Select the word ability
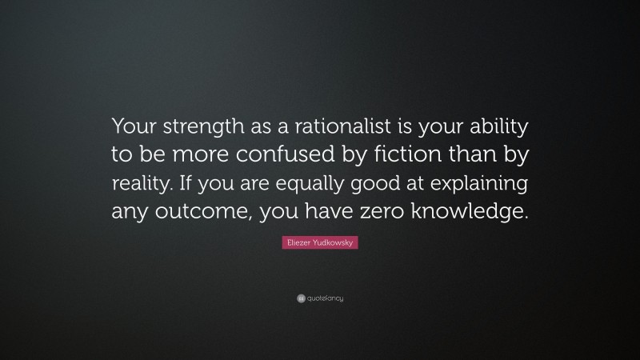[x=495, y=126]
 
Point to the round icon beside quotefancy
[x=300, y=298]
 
